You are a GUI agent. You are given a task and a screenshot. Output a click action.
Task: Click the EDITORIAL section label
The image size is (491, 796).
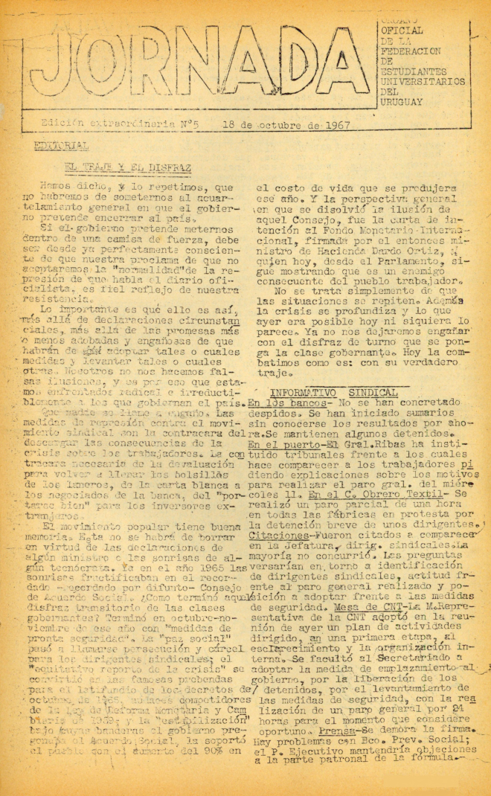tap(66, 145)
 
